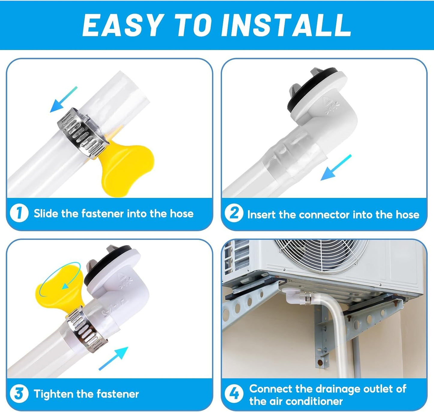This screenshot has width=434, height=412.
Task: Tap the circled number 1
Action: (x=19, y=213)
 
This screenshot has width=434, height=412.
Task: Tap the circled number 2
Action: (x=234, y=213)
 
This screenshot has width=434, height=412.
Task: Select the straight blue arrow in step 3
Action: (x=113, y=358)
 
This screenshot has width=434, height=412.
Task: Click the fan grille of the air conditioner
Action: (x=320, y=256)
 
